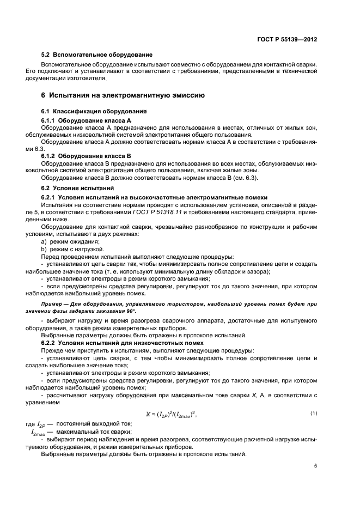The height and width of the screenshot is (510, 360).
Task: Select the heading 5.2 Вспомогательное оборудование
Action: coord(97,54)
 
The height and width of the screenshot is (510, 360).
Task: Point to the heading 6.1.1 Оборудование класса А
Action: coord(86,120)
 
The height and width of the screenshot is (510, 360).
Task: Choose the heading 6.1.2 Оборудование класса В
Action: coord(86,156)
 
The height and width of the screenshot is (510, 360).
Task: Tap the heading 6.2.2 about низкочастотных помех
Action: coord(123,343)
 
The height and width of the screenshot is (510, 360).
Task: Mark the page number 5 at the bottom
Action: coord(315,466)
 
